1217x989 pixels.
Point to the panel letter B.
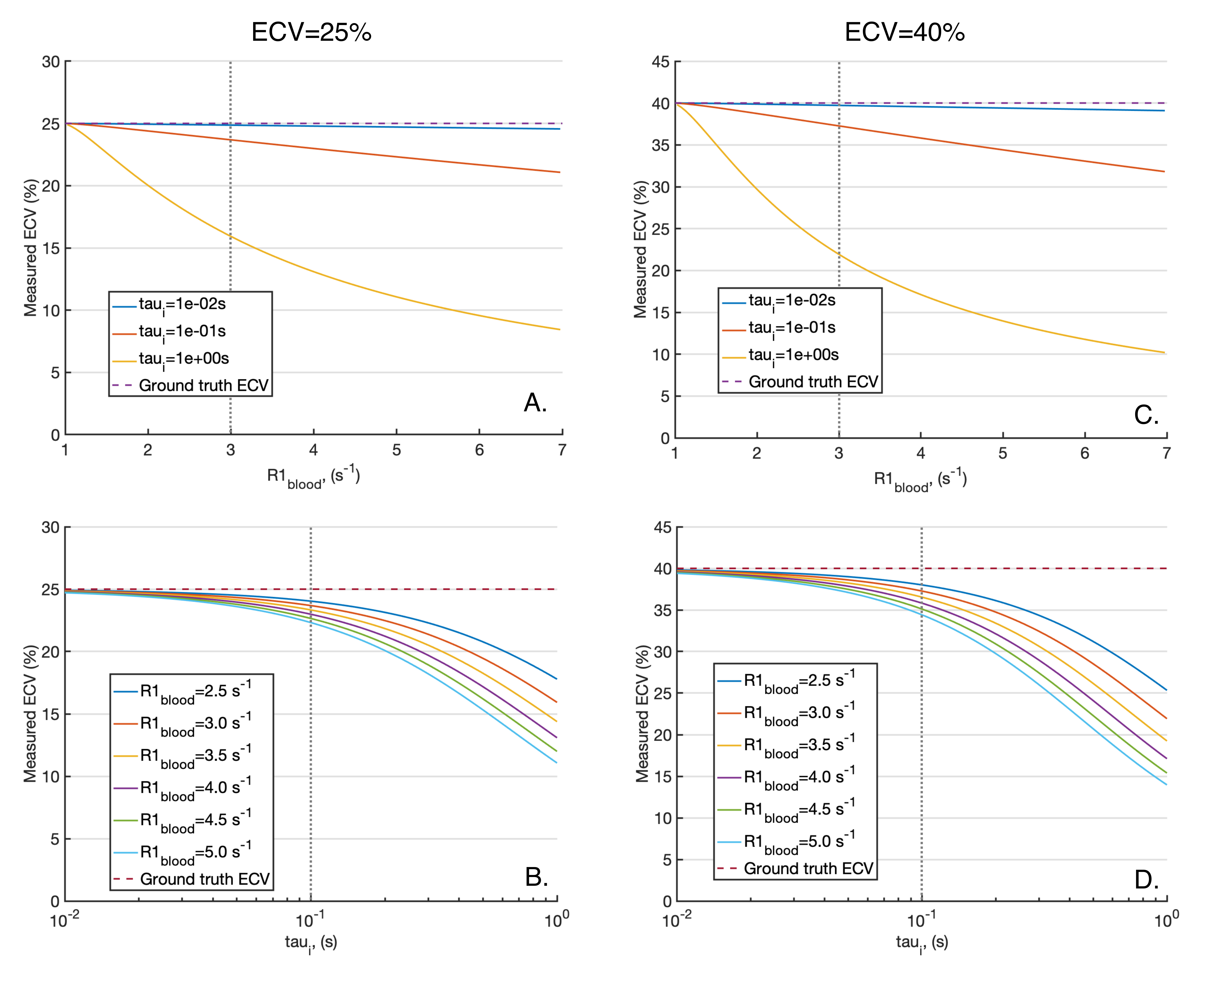click(536, 877)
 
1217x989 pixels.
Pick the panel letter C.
click(1146, 415)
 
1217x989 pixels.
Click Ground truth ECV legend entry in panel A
click(203, 386)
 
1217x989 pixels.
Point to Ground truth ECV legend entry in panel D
click(808, 869)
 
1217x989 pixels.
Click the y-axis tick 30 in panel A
click(51, 61)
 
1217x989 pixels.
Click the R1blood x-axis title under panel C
click(920, 480)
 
